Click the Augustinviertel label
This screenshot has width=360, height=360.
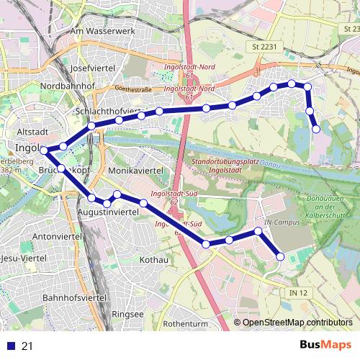(x=108, y=215)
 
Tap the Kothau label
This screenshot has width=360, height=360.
(x=153, y=259)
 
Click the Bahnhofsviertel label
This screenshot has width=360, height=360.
(x=75, y=297)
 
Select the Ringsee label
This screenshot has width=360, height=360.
(x=127, y=315)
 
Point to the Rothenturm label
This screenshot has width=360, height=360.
(x=186, y=323)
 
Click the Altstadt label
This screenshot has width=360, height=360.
(x=32, y=132)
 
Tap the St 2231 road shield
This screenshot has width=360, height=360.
(x=264, y=47)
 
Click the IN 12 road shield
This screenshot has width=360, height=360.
(x=298, y=292)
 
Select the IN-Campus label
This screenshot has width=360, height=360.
(x=280, y=223)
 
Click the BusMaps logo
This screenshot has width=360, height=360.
(x=326, y=345)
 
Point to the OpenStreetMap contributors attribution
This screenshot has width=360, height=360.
(x=297, y=323)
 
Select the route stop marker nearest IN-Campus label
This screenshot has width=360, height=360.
(x=258, y=231)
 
